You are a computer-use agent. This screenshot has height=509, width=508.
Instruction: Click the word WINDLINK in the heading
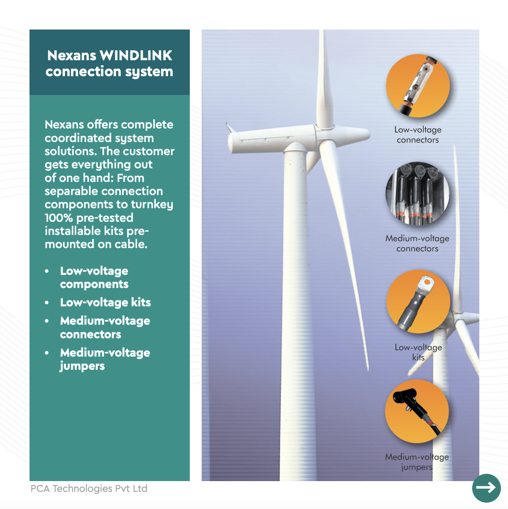pos(136,56)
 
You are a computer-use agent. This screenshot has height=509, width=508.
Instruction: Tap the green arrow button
pos(486,488)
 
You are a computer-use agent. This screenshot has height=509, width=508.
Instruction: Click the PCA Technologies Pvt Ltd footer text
pos(89,489)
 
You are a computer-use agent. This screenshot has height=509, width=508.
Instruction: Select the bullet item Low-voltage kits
pos(105,302)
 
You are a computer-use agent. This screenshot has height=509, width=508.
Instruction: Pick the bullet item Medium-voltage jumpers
pos(105,359)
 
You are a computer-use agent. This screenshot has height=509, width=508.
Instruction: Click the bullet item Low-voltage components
pos(94,278)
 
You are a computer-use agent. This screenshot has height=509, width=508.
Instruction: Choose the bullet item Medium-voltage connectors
pos(105,328)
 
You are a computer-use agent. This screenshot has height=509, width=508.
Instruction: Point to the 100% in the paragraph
pos(59,218)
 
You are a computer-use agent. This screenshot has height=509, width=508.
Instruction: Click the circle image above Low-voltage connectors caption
pos(418,86)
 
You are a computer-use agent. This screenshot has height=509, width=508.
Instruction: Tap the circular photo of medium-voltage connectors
pos(417,194)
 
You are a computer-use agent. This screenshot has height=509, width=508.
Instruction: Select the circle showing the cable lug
pos(418,302)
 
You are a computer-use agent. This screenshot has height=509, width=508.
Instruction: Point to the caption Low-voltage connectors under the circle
pos(418,135)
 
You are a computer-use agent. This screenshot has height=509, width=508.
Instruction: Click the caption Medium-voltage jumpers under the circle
pos(417,462)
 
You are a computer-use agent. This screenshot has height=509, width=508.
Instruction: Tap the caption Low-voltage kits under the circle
pos(418,352)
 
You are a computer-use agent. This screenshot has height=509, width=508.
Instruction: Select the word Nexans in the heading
pos(72,56)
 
